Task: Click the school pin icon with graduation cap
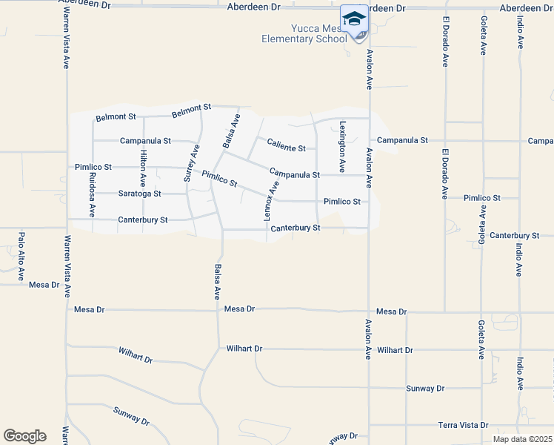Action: (x=354, y=19)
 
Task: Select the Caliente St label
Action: (x=286, y=148)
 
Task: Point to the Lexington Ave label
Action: (x=342, y=147)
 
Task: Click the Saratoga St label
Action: (x=139, y=194)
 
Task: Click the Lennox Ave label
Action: (x=272, y=200)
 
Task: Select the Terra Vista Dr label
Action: (x=464, y=425)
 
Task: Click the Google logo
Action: (x=24, y=435)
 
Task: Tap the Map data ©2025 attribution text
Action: (x=522, y=439)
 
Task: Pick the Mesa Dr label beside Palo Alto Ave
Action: (x=44, y=284)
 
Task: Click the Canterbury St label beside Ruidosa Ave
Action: (x=143, y=220)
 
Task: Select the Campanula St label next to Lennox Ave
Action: (x=294, y=174)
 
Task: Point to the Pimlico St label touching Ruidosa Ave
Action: (x=93, y=168)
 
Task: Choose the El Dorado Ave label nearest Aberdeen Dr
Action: (x=446, y=42)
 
